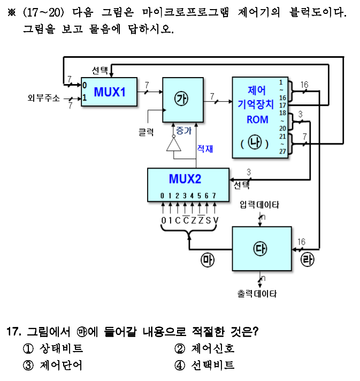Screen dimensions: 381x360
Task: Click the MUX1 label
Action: pyautogui.click(x=110, y=92)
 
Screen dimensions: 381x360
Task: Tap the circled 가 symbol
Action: pyautogui.click(x=182, y=99)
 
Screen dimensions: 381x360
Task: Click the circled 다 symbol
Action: pyautogui.click(x=262, y=249)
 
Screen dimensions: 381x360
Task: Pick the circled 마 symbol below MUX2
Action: pyautogui.click(x=207, y=261)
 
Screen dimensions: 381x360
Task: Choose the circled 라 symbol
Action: pyautogui.click(x=308, y=261)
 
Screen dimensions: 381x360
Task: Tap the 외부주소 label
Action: pyautogui.click(x=44, y=98)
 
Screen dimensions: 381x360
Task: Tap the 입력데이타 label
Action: pyautogui.click(x=259, y=204)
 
